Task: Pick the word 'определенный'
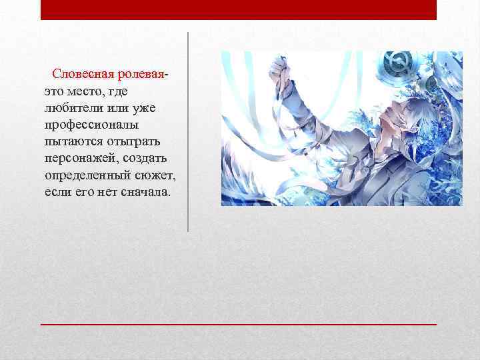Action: (x=85, y=175)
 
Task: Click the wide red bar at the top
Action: (x=239, y=9)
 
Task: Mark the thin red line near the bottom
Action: (x=239, y=323)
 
